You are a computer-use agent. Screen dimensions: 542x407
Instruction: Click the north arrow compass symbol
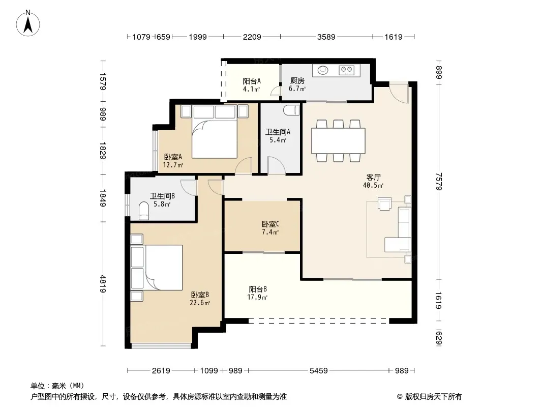click(28, 23)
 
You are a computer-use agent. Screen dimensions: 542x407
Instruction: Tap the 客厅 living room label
click(373, 178)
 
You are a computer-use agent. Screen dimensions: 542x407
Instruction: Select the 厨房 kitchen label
click(297, 80)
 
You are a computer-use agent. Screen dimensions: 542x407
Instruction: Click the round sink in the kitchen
click(323, 70)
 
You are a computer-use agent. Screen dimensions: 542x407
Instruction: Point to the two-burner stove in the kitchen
click(347, 70)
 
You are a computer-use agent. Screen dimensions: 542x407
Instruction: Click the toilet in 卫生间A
click(291, 110)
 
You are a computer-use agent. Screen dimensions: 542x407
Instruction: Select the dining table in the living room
click(339, 141)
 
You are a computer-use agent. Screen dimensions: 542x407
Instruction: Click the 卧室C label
click(270, 224)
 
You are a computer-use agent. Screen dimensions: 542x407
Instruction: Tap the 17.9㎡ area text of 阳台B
click(257, 298)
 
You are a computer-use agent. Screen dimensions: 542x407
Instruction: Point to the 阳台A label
click(252, 81)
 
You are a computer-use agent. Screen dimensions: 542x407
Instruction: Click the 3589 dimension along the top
click(326, 37)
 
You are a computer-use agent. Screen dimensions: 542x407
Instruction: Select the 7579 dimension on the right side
click(439, 182)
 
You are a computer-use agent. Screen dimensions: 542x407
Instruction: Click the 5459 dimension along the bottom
click(318, 371)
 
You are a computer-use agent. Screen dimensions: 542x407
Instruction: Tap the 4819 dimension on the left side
click(103, 283)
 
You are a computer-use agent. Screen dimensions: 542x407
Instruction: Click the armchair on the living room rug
click(384, 203)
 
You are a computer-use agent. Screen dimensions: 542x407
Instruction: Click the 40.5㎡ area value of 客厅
click(373, 185)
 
